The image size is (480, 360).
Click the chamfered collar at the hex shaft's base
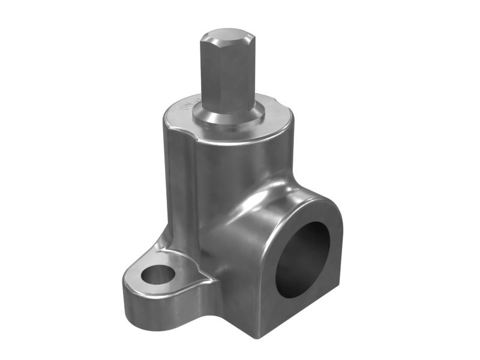(231, 118)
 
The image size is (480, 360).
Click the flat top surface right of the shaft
(273, 120)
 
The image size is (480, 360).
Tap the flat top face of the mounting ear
(180, 264)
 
